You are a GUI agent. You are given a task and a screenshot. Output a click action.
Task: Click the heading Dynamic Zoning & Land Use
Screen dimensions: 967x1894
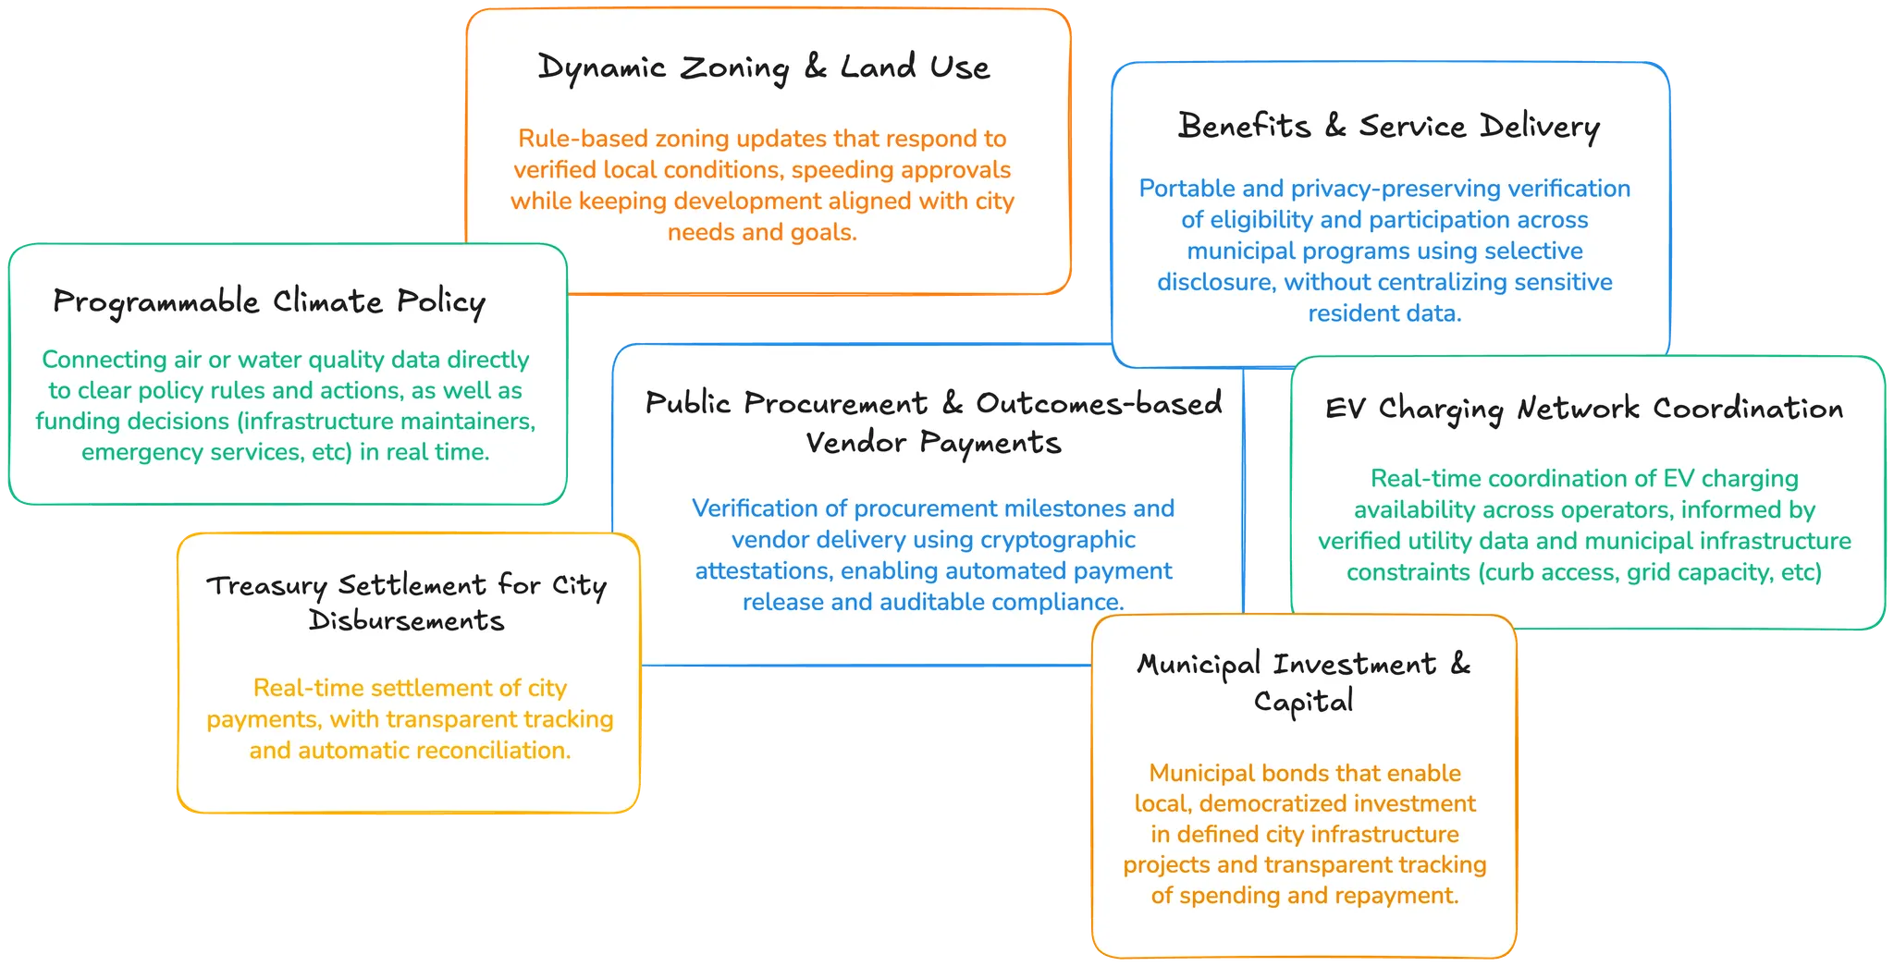[x=763, y=67]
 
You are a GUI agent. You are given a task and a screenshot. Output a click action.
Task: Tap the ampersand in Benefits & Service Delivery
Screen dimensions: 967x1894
[x=1334, y=126]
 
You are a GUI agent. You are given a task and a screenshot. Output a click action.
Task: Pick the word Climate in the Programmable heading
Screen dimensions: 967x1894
[x=327, y=302]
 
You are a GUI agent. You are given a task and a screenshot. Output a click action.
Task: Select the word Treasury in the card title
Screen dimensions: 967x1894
[x=266, y=586]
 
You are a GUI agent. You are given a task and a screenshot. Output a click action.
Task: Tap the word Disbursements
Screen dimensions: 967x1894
[x=407, y=621]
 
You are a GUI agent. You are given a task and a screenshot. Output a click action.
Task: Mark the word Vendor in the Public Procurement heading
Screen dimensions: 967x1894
[x=855, y=443]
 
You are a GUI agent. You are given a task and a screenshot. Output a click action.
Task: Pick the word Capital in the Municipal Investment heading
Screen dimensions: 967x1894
[x=1303, y=702]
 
